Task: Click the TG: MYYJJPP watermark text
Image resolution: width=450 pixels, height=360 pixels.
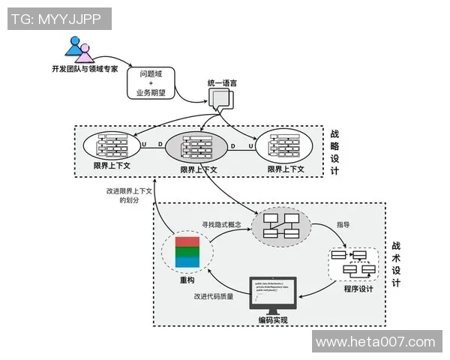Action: click(x=56, y=19)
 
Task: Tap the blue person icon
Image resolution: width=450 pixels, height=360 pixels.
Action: click(x=74, y=46)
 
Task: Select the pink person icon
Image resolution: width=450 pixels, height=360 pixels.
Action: click(x=85, y=53)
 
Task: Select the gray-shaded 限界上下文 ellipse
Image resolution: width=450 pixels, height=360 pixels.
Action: click(x=198, y=145)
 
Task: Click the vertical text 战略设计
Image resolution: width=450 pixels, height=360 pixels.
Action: click(x=334, y=152)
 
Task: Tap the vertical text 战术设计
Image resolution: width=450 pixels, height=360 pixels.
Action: click(x=395, y=264)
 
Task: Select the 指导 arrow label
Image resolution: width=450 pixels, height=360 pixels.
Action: click(x=343, y=224)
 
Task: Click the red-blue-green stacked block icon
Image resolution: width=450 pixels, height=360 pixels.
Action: click(x=186, y=253)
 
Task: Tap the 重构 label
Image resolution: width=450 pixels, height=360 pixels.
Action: click(x=187, y=280)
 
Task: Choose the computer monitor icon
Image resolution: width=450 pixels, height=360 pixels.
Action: click(x=272, y=297)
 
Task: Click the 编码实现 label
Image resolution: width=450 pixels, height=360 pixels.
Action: click(x=273, y=320)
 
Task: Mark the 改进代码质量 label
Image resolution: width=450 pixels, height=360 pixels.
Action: click(x=213, y=295)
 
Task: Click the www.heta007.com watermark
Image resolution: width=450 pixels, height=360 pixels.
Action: click(x=376, y=342)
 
